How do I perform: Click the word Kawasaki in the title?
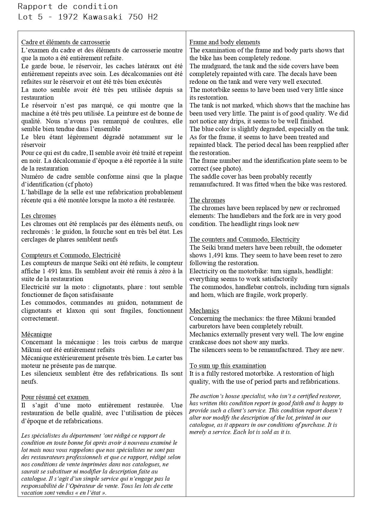(103, 17)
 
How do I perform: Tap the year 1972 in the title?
(68, 17)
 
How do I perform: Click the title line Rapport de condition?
(68, 6)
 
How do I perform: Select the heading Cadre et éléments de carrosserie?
(66, 42)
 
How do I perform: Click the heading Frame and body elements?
(225, 42)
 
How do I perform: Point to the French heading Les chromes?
(38, 216)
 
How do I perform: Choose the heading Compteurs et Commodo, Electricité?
(71, 255)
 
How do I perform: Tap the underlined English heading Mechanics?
(204, 310)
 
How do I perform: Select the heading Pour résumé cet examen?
(55, 397)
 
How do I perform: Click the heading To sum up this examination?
(228, 366)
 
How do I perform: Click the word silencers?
(213, 350)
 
